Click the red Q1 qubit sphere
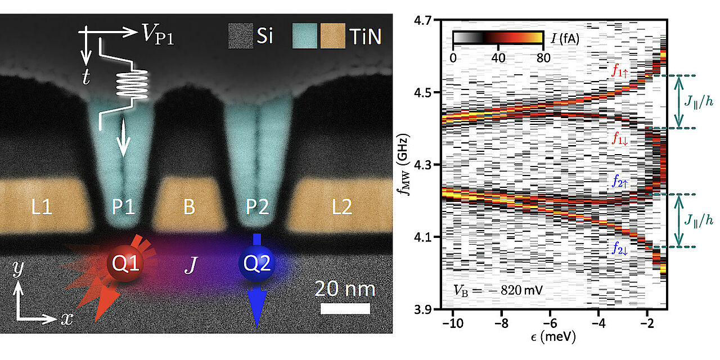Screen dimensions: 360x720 point(125,263)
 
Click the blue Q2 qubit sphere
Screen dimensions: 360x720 point(256,263)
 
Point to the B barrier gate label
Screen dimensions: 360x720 point(189,208)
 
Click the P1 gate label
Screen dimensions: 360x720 point(124,208)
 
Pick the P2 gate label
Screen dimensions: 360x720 point(255,208)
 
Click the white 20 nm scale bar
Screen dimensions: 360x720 point(345,308)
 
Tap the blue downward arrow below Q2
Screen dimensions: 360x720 point(256,307)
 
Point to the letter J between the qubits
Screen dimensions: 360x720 point(190,265)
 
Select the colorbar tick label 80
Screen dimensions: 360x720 point(543,57)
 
